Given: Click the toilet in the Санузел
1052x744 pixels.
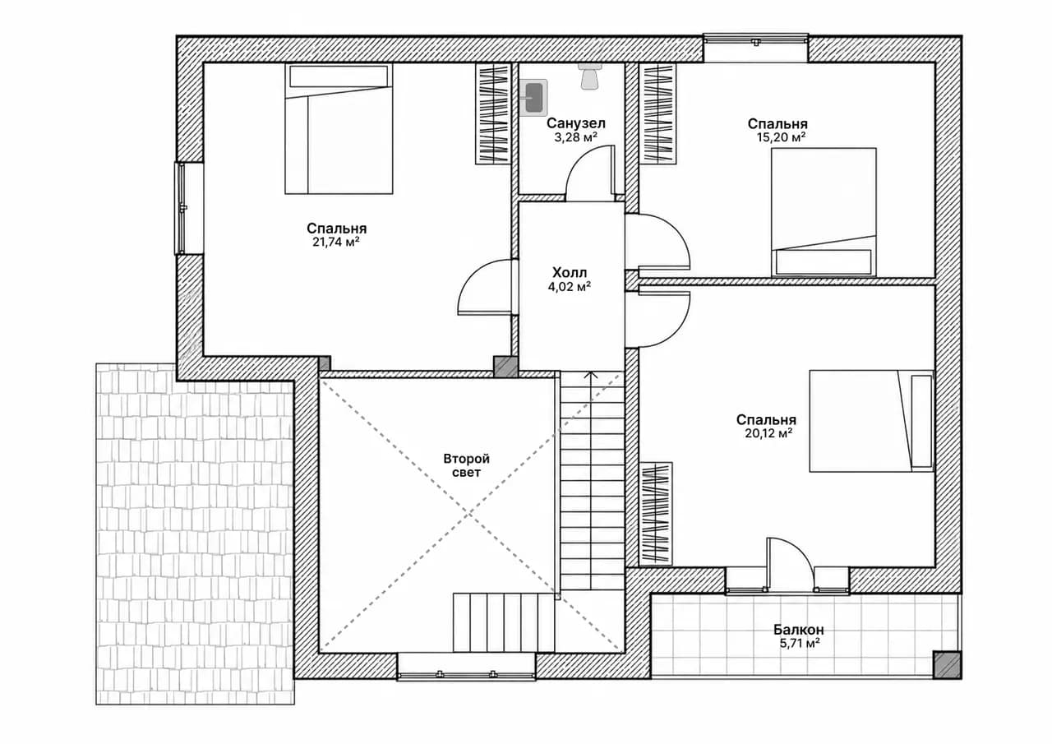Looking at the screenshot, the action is pyautogui.click(x=589, y=76).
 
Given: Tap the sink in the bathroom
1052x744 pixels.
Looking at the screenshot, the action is pyautogui.click(x=534, y=97).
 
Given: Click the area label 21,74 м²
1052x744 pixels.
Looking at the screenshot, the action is pyautogui.click(x=336, y=243).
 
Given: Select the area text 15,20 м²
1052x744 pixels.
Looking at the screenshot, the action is pyautogui.click(x=781, y=137).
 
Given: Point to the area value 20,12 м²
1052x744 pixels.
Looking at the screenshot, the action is pyautogui.click(x=768, y=433).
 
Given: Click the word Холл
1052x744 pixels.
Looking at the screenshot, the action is pyautogui.click(x=570, y=272).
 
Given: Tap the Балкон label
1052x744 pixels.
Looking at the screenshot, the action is pyautogui.click(x=799, y=630).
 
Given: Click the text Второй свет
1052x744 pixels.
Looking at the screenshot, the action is pyautogui.click(x=466, y=465).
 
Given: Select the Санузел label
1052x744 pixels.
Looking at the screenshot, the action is pyautogui.click(x=576, y=123).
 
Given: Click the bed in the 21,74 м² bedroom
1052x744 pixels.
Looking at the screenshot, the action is pyautogui.click(x=339, y=129).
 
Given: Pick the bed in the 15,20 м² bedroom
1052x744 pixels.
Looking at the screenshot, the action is pyautogui.click(x=824, y=212).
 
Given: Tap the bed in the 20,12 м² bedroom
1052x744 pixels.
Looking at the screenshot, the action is pyautogui.click(x=871, y=421).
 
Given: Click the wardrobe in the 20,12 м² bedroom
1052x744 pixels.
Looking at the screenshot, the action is pyautogui.click(x=656, y=513).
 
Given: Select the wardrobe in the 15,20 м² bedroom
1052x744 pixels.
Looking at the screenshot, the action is pyautogui.click(x=657, y=113).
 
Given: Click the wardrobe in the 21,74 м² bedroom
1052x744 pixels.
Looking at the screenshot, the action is pyautogui.click(x=493, y=113).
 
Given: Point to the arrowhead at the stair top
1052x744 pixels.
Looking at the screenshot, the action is pyautogui.click(x=591, y=374).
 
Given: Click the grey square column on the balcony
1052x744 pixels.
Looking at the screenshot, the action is pyautogui.click(x=946, y=664).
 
